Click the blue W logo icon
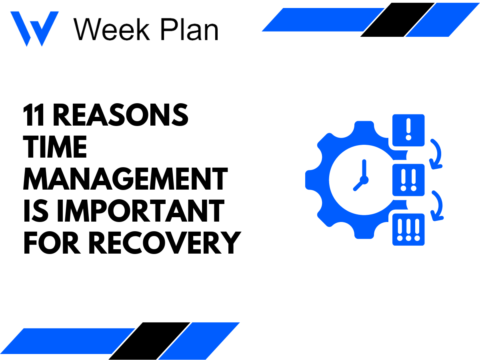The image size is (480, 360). [34, 28]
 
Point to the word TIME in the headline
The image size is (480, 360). [55, 147]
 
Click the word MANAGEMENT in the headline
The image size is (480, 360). [125, 179]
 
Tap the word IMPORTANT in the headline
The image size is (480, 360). [140, 211]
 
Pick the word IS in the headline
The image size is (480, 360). [37, 211]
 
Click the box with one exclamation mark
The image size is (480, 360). [408, 130]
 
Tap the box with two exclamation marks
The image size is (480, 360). [408, 180]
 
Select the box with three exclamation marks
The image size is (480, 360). [408, 229]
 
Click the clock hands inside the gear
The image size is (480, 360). [362, 178]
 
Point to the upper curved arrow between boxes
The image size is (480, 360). [437, 154]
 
